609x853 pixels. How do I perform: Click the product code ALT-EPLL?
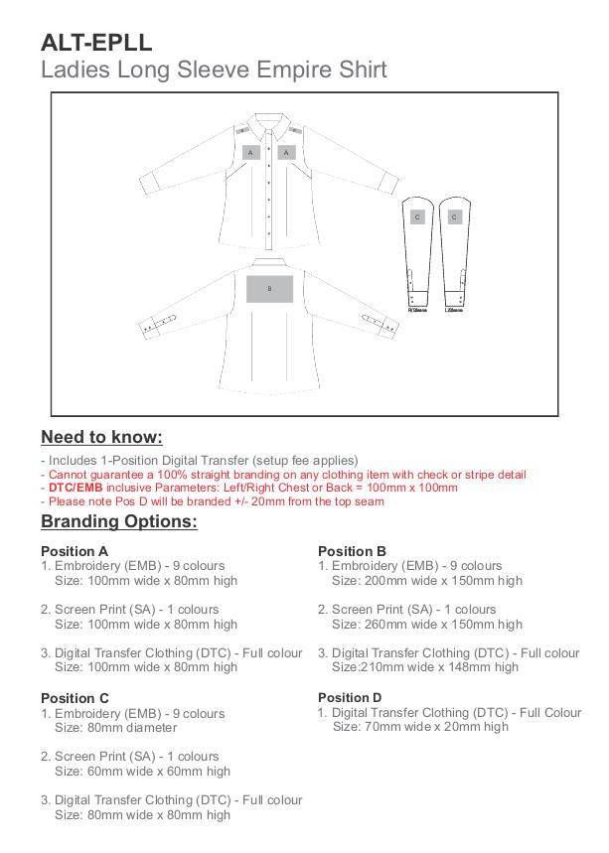click(96, 42)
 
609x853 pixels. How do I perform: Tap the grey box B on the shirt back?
click(270, 288)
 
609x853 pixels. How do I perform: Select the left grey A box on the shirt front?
click(252, 152)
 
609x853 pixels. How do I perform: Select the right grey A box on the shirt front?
click(287, 152)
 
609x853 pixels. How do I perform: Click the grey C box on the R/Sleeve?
click(417, 216)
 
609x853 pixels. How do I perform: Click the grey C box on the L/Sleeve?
click(455, 216)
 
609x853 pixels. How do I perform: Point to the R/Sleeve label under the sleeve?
click(417, 308)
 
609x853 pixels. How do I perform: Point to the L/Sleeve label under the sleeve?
click(455, 308)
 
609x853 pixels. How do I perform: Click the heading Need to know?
click(101, 438)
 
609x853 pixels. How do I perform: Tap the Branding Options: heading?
click(118, 522)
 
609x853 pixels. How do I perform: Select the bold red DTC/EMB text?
click(76, 488)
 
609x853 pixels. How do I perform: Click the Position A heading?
click(75, 551)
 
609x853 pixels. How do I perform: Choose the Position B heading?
click(352, 551)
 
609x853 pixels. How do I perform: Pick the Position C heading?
click(75, 698)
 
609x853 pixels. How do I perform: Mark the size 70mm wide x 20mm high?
click(420, 727)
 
